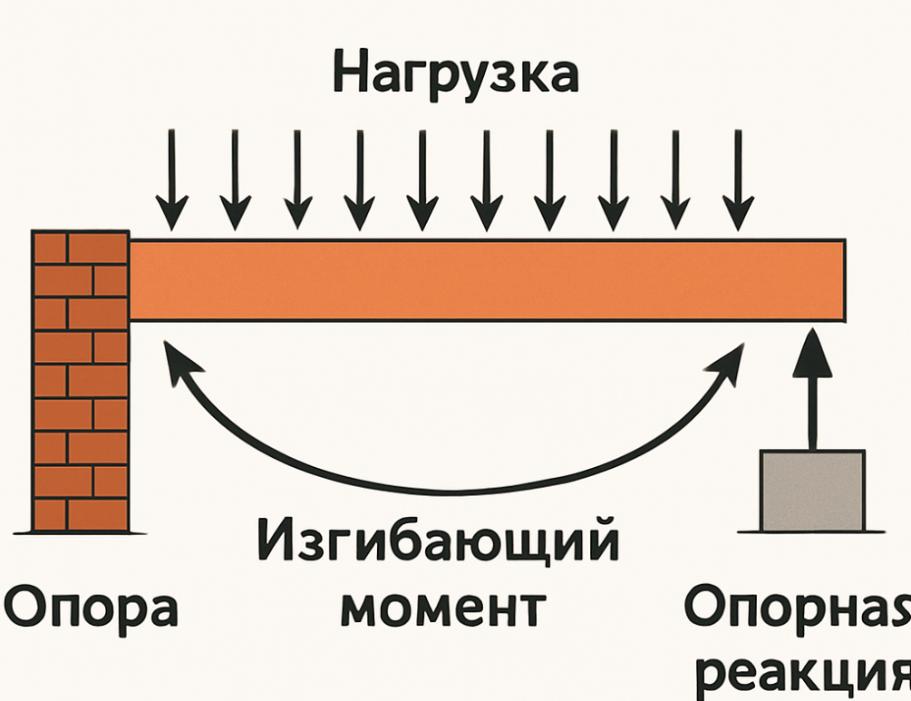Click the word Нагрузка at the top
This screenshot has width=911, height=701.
[456, 75]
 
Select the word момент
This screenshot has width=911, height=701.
[443, 608]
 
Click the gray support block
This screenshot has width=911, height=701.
[813, 491]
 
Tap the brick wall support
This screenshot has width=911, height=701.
[81, 381]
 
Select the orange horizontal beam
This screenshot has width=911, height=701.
[487, 279]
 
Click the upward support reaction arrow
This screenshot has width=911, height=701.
[812, 389]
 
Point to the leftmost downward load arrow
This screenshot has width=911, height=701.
[171, 180]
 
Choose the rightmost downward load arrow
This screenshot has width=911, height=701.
[739, 180]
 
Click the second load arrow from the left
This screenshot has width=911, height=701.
[236, 180]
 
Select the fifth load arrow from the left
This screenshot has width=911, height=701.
[422, 180]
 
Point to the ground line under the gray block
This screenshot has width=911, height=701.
[811, 531]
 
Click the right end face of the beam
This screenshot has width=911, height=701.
[844, 279]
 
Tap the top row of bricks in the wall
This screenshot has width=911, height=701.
[81, 248]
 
